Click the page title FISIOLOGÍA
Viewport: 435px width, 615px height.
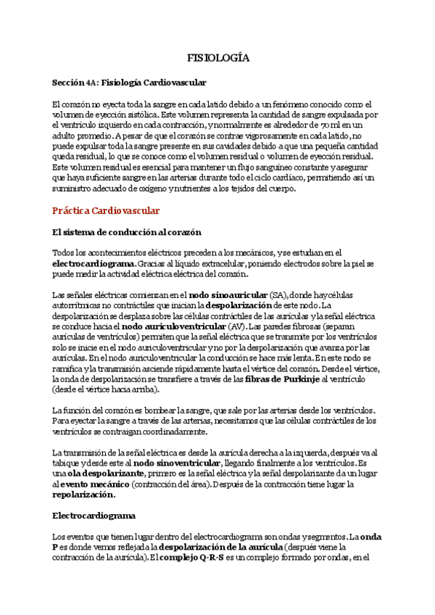tap(217, 57)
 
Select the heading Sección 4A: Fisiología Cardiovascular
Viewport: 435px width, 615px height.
tap(129, 83)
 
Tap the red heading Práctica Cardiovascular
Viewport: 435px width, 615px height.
tap(106, 211)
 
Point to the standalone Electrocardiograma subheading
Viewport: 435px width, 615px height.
tap(94, 516)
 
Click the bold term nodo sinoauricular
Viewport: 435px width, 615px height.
tap(238, 295)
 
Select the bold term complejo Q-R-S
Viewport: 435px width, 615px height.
tap(190, 558)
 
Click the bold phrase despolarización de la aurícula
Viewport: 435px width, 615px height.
tap(220, 548)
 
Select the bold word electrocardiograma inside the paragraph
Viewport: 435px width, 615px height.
tap(94, 264)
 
